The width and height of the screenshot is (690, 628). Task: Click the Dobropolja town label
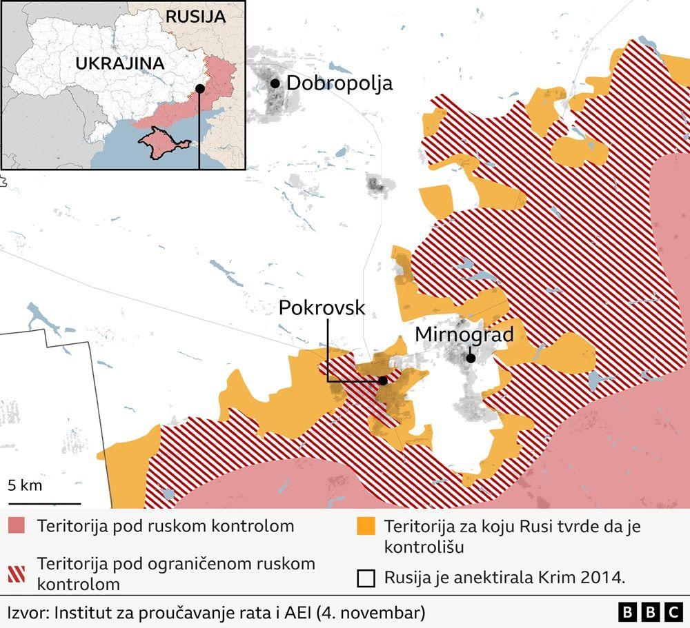coord(339,83)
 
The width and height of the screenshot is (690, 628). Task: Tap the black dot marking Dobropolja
coord(275,83)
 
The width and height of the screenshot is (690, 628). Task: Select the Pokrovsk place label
coord(322,308)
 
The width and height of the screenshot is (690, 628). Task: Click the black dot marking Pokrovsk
coord(383,380)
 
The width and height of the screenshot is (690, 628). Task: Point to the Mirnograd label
coord(464,335)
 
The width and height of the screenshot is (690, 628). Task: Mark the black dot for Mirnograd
coord(470,358)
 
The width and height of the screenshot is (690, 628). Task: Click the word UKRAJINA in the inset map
coord(119,63)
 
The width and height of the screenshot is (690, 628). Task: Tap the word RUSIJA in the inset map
coord(195,17)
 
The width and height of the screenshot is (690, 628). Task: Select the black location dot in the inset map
coord(199,88)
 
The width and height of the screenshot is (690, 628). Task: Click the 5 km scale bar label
coord(25,485)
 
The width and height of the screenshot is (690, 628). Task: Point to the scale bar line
coord(44,503)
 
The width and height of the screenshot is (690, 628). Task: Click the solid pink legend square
coord(18,527)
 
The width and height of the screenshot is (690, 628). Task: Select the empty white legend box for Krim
coord(366,578)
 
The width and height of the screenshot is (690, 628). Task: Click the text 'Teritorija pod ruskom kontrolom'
coord(166,527)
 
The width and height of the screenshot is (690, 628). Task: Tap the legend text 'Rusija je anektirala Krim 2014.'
coord(504,578)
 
